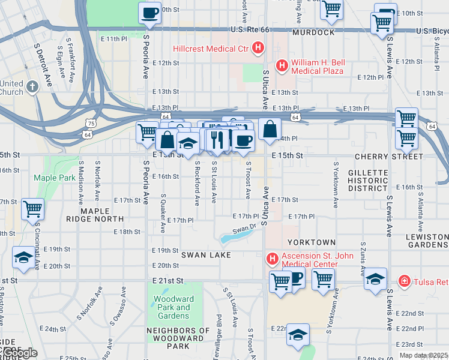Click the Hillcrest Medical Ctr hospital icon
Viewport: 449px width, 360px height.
258,48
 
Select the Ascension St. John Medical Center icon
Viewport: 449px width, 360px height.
272,259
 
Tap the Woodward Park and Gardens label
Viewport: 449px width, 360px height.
171,307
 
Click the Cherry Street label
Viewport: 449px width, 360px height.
388,156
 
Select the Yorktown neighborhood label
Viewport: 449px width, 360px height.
311,242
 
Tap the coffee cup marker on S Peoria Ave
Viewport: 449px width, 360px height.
149,13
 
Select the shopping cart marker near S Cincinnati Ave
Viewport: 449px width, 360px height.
32,209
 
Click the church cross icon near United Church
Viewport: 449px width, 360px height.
32,87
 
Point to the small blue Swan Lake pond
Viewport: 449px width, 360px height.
234,238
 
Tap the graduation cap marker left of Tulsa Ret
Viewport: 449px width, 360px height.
375,280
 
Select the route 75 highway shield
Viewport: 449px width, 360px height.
89,123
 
